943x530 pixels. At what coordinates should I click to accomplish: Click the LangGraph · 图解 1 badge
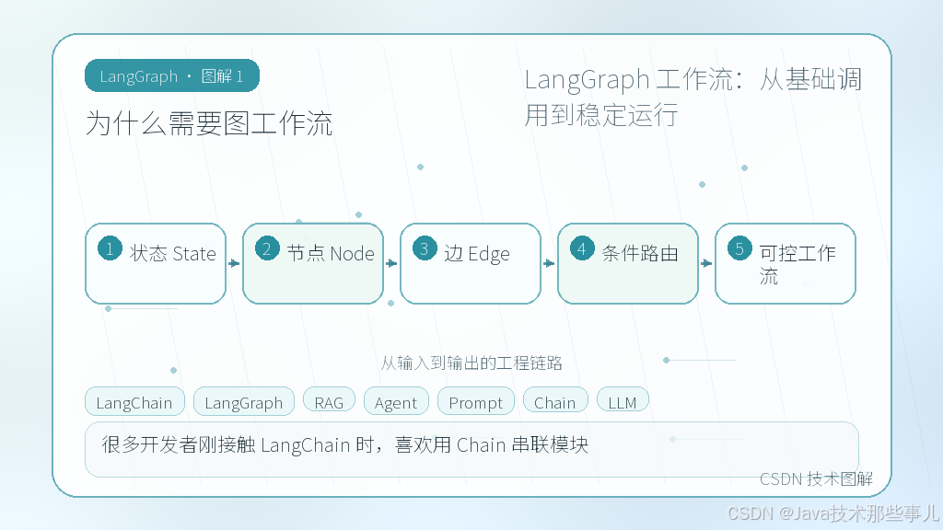click(x=172, y=75)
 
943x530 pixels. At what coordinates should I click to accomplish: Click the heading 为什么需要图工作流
click(x=209, y=124)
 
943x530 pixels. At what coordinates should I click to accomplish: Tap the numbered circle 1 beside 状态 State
click(x=111, y=248)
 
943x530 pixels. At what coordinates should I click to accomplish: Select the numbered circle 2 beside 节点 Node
click(x=267, y=248)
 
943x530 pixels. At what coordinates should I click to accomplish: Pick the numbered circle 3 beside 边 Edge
click(x=425, y=248)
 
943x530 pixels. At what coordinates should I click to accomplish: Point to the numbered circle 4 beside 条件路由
click(x=582, y=248)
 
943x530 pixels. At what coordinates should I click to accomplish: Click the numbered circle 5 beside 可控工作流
click(x=739, y=248)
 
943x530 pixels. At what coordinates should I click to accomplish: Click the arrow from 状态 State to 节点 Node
click(x=234, y=263)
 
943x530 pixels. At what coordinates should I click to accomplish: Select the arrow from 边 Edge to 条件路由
click(x=549, y=263)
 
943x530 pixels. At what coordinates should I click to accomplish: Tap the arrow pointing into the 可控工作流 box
click(x=706, y=263)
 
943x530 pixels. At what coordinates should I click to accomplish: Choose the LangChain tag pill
click(x=134, y=401)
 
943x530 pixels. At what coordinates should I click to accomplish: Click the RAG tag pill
click(x=329, y=401)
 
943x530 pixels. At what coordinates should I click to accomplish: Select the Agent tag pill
click(x=396, y=401)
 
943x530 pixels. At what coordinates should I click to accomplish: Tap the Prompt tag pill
click(x=476, y=401)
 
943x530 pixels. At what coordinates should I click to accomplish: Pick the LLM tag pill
click(x=623, y=401)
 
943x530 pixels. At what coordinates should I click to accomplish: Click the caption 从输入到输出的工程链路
click(x=471, y=363)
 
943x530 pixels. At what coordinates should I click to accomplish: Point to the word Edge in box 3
click(x=488, y=254)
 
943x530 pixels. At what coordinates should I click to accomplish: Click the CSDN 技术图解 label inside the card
click(x=816, y=478)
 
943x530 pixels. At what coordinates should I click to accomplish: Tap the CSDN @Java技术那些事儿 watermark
click(x=832, y=513)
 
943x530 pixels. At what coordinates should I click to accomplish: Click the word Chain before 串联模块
click(x=481, y=444)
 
